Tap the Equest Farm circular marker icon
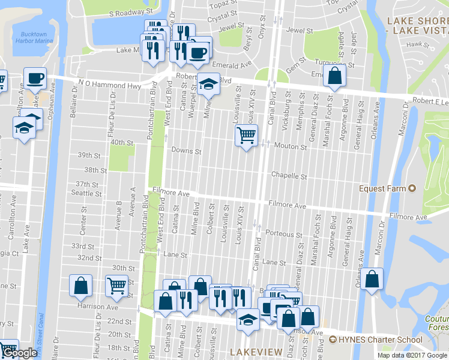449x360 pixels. tap(412, 188)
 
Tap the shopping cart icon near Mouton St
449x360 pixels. tap(246, 136)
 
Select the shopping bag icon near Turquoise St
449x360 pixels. tap(334, 76)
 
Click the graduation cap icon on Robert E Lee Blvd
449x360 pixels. tap(209, 84)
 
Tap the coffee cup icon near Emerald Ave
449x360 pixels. tap(197, 52)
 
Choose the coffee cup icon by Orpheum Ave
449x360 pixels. tap(35, 78)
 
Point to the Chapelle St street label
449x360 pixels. tap(289, 176)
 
